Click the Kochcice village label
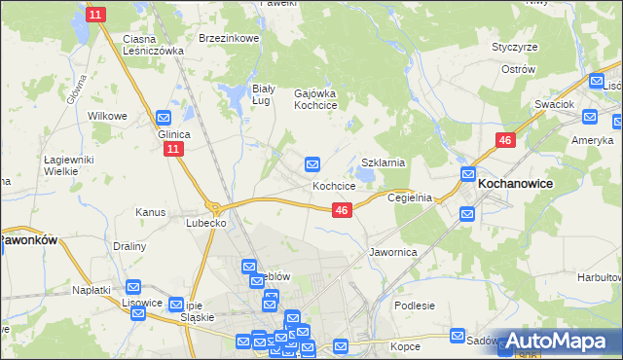(333, 185)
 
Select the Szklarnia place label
(383, 163)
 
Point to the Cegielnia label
(410, 197)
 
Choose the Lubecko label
(206, 222)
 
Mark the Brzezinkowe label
(228, 38)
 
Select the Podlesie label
(415, 306)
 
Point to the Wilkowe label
(108, 116)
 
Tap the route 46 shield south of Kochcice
(341, 209)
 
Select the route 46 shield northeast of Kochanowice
(504, 141)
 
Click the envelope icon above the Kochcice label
(312, 164)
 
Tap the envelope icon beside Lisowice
(133, 288)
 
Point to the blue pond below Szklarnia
(364, 176)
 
